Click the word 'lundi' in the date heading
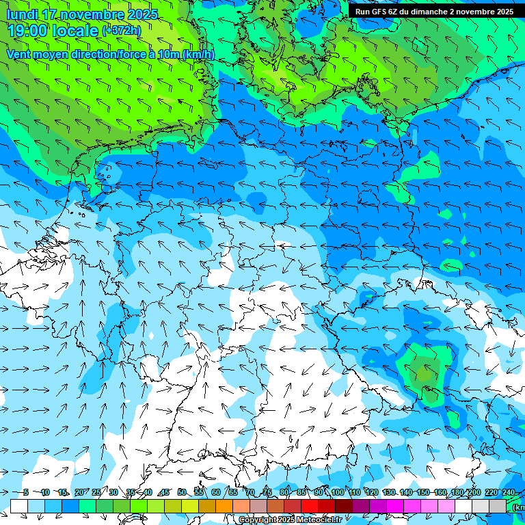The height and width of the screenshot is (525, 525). click(23, 14)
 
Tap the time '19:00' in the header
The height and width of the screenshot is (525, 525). click(27, 30)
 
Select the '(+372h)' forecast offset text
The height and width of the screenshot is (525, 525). click(122, 30)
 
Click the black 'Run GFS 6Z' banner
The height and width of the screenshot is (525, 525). click(435, 11)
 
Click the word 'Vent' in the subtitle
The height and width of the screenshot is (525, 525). click(20, 54)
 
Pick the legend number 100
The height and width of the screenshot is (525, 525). click(338, 492)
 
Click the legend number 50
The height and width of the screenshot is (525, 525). click(182, 492)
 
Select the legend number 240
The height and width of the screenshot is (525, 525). click(509, 492)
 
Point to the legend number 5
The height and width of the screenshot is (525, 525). click(26, 492)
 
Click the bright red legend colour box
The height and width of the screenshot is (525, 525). click(310, 506)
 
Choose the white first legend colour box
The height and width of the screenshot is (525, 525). click(19, 506)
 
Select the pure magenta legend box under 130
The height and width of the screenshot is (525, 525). click(396, 506)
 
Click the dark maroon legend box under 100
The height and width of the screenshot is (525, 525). click(345, 506)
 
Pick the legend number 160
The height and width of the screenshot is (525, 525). click(440, 492)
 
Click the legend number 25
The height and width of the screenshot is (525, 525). click(96, 492)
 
